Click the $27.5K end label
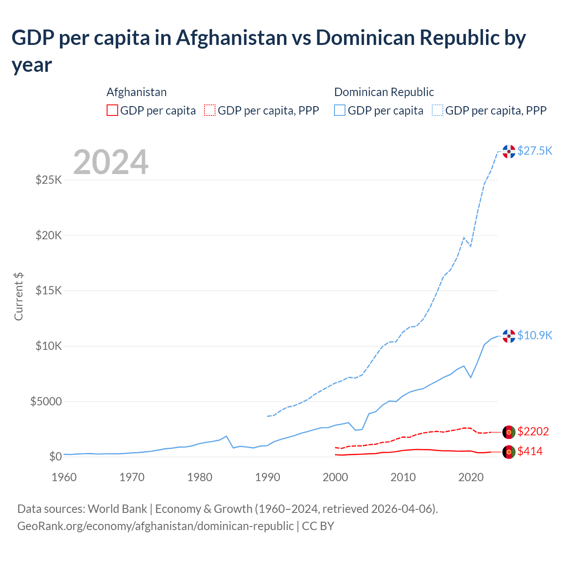[x=534, y=151]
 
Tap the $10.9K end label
[x=534, y=335]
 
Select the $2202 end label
[x=533, y=431]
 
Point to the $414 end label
[x=530, y=451]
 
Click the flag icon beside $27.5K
[x=509, y=151]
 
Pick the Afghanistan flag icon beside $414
[x=509, y=452]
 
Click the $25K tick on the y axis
[x=49, y=180]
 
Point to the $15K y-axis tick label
[x=49, y=291]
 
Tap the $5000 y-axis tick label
[x=46, y=401]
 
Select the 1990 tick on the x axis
[x=267, y=477]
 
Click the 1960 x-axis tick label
[x=64, y=477]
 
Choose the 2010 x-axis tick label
[x=403, y=477]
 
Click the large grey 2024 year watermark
[x=111, y=162]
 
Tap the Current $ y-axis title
[x=19, y=296]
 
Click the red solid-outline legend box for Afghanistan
[x=112, y=110]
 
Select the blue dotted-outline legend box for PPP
[x=438, y=110]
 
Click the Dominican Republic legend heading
[x=384, y=92]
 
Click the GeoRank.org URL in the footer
[x=155, y=526]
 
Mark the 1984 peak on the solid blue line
[x=226, y=436]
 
